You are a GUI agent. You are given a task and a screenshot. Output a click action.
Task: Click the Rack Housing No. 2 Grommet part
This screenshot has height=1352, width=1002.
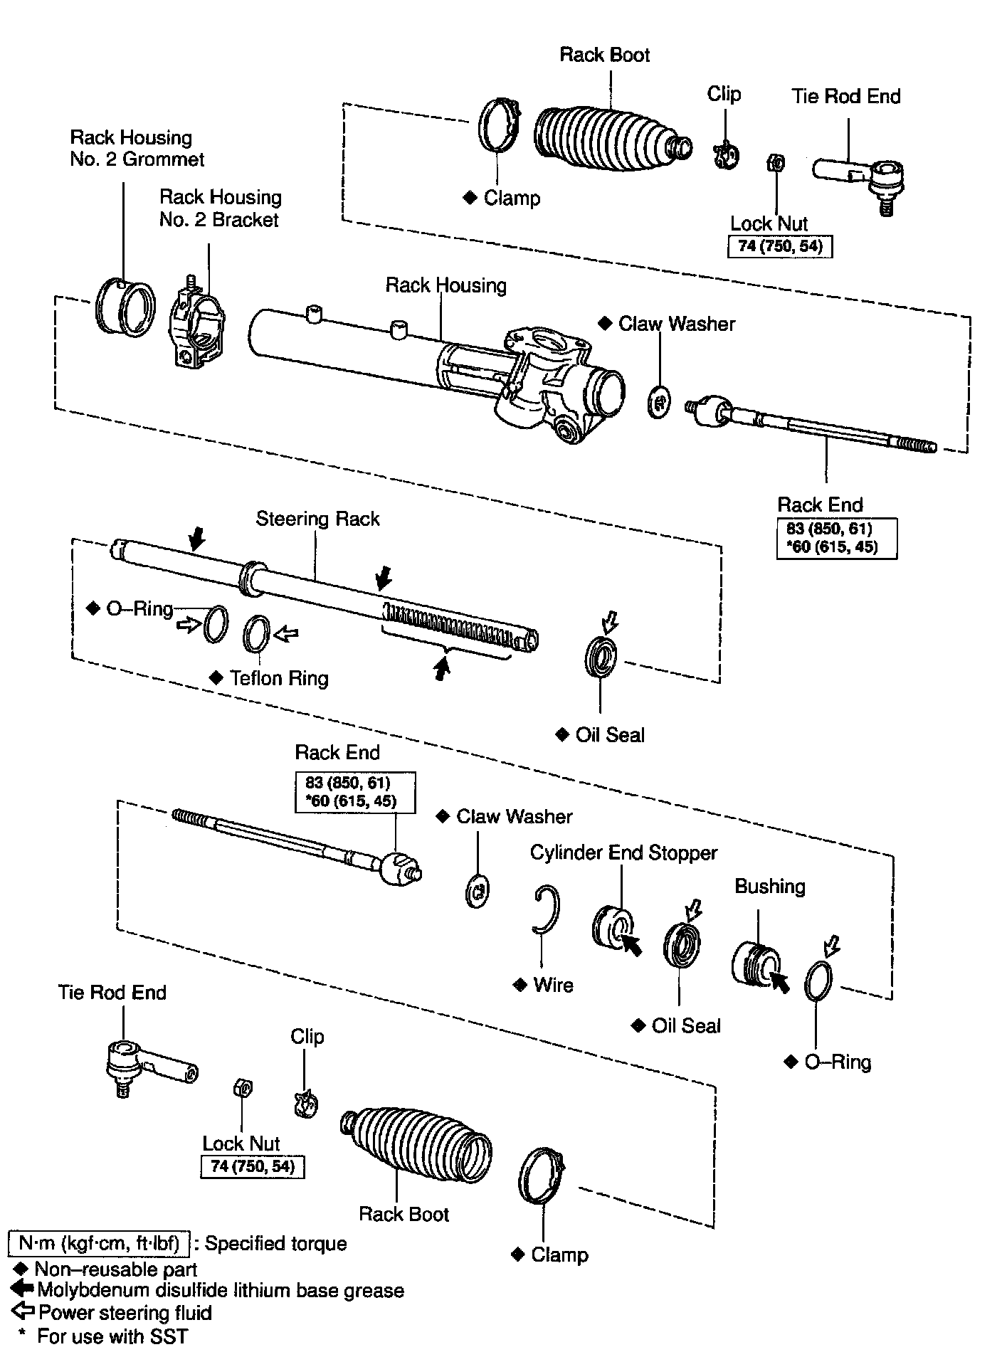(125, 307)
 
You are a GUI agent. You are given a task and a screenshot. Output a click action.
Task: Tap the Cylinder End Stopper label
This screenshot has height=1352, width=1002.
(623, 852)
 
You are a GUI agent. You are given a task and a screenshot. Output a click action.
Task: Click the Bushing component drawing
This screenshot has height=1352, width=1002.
(756, 966)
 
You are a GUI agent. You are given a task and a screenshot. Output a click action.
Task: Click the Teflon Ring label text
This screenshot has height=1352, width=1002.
(279, 678)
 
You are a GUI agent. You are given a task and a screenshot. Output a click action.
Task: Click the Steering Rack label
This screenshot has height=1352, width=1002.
(317, 519)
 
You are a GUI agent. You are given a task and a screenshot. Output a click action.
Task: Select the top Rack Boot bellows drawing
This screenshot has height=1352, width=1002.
(608, 140)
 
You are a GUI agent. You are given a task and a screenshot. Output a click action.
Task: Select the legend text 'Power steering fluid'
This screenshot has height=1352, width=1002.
(125, 1312)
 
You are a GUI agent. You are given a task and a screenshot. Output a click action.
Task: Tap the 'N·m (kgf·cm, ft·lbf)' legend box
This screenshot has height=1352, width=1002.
(99, 1243)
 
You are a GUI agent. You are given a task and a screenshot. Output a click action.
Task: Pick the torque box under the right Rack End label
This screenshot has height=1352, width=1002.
(836, 538)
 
